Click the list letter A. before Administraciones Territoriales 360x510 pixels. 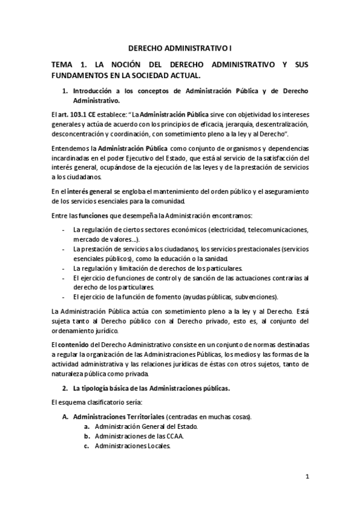pos(66,416)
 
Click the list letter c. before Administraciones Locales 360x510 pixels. pos(87,446)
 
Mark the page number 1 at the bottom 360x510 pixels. pos(307,477)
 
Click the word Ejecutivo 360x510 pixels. pos(166,158)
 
